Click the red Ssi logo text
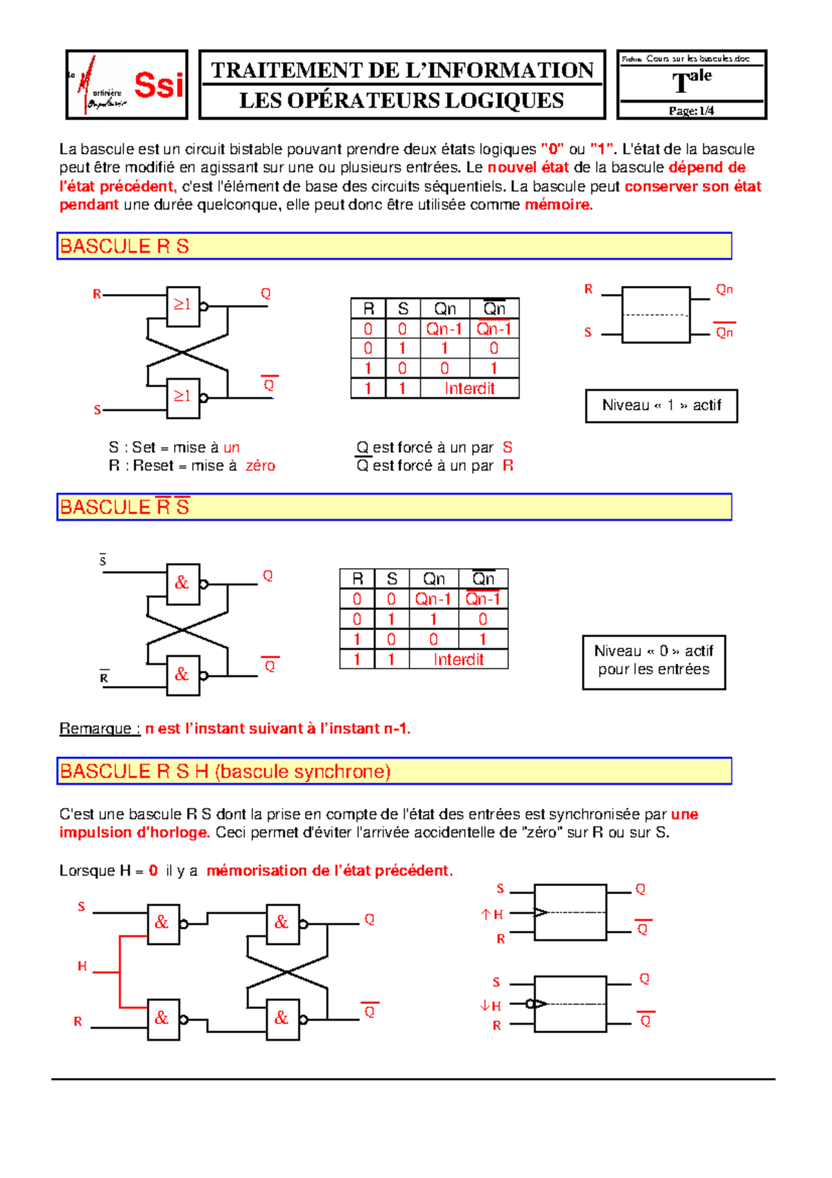click(159, 85)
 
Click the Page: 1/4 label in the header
click(691, 111)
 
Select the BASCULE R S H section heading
click(225, 771)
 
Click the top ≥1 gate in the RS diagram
click(183, 305)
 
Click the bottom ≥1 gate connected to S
click(183, 397)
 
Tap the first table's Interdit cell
click(469, 389)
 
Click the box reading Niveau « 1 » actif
click(661, 406)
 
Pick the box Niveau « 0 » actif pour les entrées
click(653, 661)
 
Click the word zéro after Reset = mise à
click(261, 466)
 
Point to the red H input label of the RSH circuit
click(83, 966)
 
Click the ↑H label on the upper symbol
click(492, 915)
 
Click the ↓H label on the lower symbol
click(491, 1006)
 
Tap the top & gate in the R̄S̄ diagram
click(183, 583)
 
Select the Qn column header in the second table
click(434, 579)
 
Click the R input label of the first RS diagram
click(97, 294)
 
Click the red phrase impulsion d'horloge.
click(135, 833)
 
